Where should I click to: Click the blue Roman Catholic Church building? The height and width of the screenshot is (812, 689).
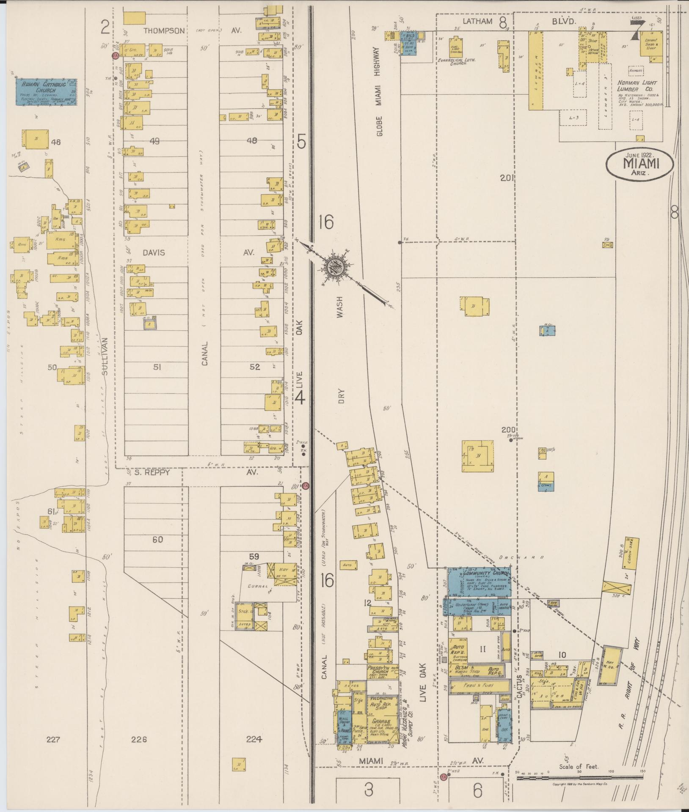47,92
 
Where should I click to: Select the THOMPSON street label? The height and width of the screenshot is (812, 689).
164,31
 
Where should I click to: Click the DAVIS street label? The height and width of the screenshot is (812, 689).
154,252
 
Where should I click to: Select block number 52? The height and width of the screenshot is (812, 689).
254,367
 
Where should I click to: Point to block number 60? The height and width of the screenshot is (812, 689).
157,540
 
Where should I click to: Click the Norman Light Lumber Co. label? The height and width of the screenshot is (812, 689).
635,86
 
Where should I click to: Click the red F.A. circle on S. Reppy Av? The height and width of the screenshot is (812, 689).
305,487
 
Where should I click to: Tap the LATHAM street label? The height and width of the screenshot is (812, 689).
465,21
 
